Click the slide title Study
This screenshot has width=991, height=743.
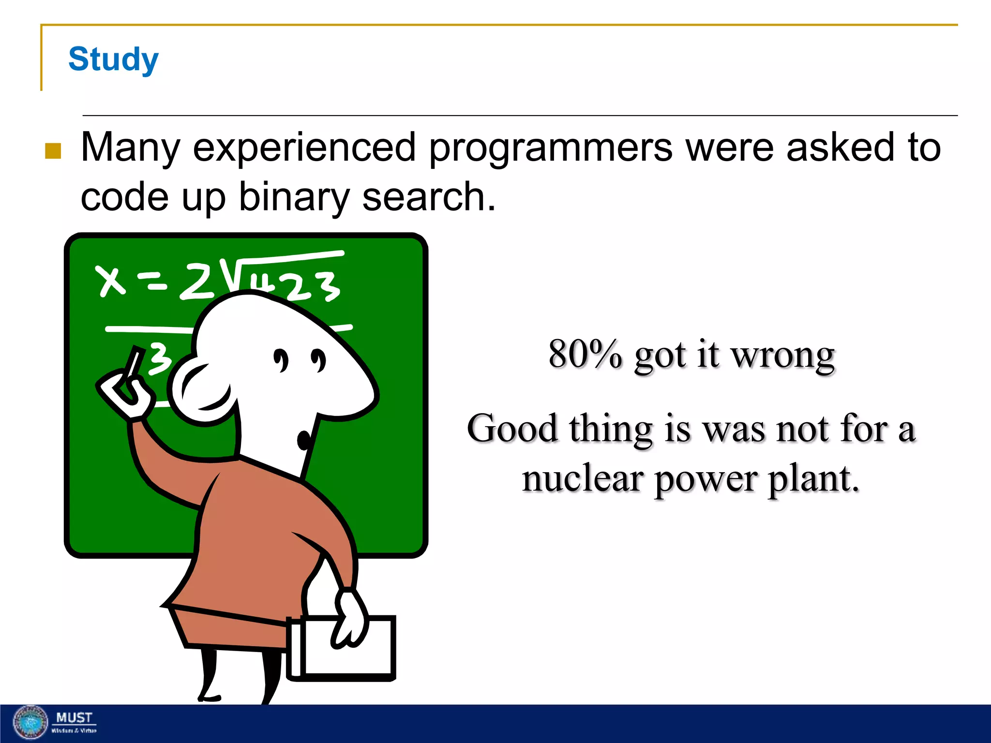[113, 59]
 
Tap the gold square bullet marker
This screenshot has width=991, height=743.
[53, 151]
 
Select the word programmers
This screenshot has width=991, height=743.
[551, 148]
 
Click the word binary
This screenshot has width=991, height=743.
[294, 197]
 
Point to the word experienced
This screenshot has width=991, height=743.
[304, 148]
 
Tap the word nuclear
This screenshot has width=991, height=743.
[582, 479]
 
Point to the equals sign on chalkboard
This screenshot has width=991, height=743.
[152, 282]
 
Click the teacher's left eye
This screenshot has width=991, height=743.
[281, 360]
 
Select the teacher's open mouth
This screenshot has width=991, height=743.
[304, 440]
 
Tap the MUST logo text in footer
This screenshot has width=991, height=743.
[74, 718]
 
